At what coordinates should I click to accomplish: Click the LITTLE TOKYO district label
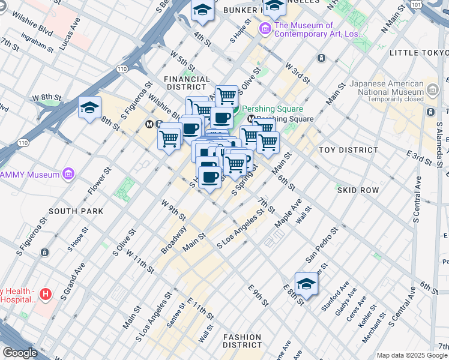tap(418, 53)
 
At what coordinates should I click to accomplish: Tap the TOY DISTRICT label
tap(348, 150)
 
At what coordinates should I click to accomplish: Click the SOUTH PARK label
tap(76, 211)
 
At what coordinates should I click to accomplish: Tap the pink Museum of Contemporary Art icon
tap(264, 29)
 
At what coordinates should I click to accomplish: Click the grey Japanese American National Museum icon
tap(432, 89)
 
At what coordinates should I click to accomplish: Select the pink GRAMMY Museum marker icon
tap(70, 175)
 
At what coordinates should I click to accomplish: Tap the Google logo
tap(20, 353)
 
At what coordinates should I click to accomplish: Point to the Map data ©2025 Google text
tap(411, 355)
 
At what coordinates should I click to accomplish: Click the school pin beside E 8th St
tap(306, 284)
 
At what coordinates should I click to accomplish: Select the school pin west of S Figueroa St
tap(89, 108)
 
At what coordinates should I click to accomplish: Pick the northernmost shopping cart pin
tap(226, 95)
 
